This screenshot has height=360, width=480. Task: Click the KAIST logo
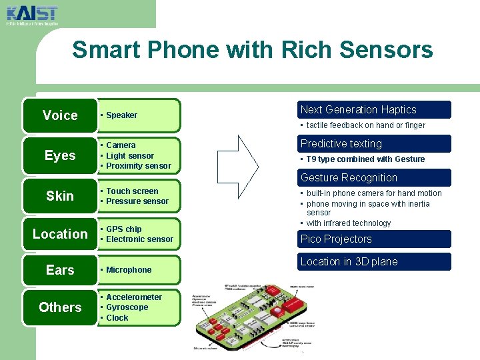(31, 14)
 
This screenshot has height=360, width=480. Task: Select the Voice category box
(60, 115)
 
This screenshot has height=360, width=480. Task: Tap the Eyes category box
(60, 155)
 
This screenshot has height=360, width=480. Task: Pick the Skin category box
(60, 196)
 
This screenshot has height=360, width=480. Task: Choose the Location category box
(60, 234)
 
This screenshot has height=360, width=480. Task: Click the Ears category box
(60, 270)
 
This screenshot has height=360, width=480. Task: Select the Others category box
(60, 307)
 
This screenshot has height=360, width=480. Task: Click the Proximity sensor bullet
(138, 166)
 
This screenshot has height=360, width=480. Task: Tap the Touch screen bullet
(132, 191)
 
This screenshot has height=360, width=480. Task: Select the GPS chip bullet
(123, 229)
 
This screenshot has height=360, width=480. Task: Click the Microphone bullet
(129, 270)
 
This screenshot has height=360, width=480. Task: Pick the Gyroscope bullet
(127, 307)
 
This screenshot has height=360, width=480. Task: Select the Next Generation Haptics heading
(359, 110)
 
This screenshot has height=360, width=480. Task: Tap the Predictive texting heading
(341, 144)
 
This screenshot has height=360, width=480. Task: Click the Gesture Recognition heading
(349, 178)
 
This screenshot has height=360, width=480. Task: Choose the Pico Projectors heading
(336, 239)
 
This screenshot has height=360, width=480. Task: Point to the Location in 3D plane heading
(349, 262)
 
